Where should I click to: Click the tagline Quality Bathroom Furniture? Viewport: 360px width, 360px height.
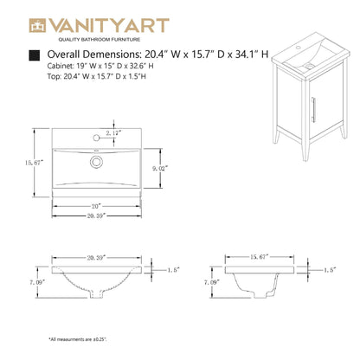(99, 40)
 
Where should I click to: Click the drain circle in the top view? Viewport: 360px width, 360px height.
(95, 160)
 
